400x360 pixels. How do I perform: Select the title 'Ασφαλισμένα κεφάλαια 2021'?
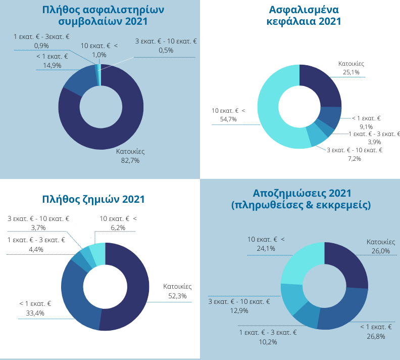pyautogui.click(x=304, y=15)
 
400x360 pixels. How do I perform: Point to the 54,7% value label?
pyautogui.click(x=228, y=119)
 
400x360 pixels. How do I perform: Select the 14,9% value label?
pyautogui.click(x=52, y=65)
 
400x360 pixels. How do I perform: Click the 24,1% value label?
pyautogui.click(x=266, y=248)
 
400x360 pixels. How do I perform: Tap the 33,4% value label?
pyautogui.click(x=35, y=313)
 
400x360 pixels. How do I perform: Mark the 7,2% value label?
pyautogui.click(x=354, y=159)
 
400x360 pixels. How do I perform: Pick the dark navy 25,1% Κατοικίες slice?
pyautogui.click(x=321, y=83)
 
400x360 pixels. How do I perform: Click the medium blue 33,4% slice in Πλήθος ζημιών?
pyautogui.click(x=73, y=293)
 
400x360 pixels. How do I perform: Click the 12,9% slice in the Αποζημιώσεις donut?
pyautogui.click(x=291, y=298)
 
